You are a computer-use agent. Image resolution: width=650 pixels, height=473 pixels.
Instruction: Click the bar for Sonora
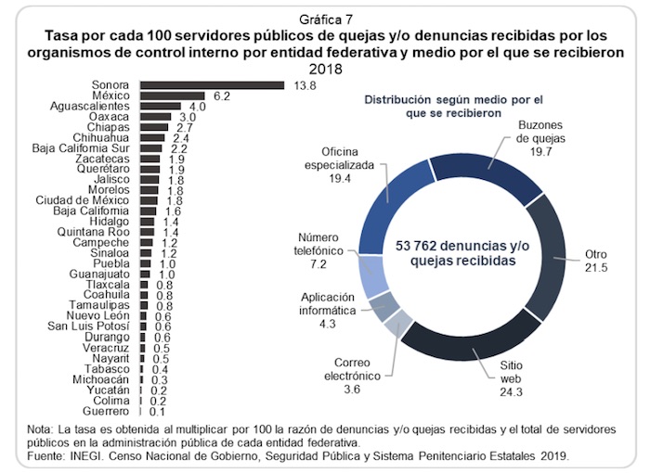[212, 85]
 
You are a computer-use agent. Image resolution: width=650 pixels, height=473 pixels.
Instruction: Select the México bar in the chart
[172, 96]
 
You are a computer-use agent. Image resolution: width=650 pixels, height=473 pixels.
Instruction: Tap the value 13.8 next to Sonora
[299, 85]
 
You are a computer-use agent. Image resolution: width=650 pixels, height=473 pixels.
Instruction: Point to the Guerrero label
[103, 411]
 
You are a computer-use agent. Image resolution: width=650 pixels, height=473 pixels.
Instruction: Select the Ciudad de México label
[84, 199]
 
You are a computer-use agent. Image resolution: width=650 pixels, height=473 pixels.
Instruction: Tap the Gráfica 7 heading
[324, 19]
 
